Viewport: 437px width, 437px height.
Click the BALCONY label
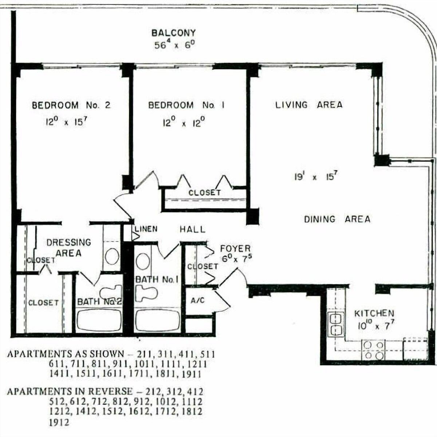point(173,33)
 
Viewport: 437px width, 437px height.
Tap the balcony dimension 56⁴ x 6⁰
point(175,44)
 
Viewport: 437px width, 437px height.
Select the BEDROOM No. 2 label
point(71,105)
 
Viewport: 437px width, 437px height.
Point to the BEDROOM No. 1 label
point(186,105)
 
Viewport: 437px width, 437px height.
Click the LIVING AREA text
point(309,105)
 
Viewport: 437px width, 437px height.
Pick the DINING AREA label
point(337,219)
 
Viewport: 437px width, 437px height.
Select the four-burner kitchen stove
point(373,350)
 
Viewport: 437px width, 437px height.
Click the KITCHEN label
point(374,314)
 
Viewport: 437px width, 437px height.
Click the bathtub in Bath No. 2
point(99,320)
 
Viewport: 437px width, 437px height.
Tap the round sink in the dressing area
point(112,256)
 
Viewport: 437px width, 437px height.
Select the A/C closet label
point(197,300)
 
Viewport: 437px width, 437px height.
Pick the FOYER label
point(235,249)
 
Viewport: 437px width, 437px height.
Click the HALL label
point(193,229)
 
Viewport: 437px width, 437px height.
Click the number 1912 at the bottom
point(59,422)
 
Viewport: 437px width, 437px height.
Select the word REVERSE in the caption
point(110,391)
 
